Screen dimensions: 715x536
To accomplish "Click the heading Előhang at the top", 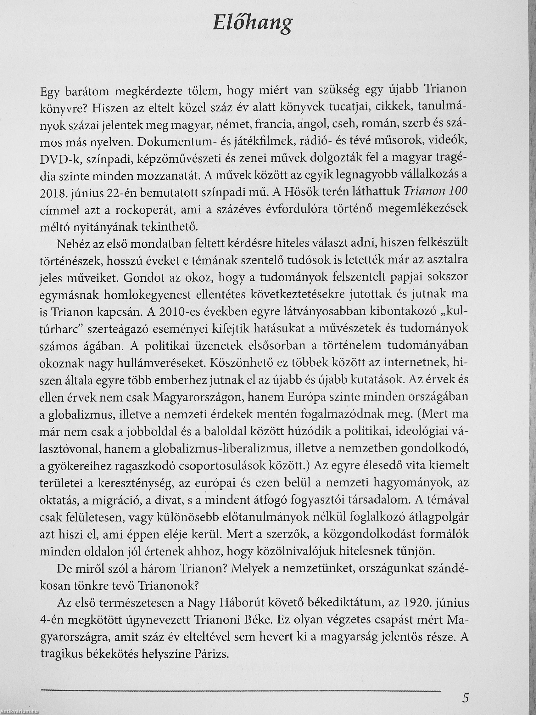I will pos(253,24).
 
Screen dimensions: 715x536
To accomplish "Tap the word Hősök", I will pos(298,192).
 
